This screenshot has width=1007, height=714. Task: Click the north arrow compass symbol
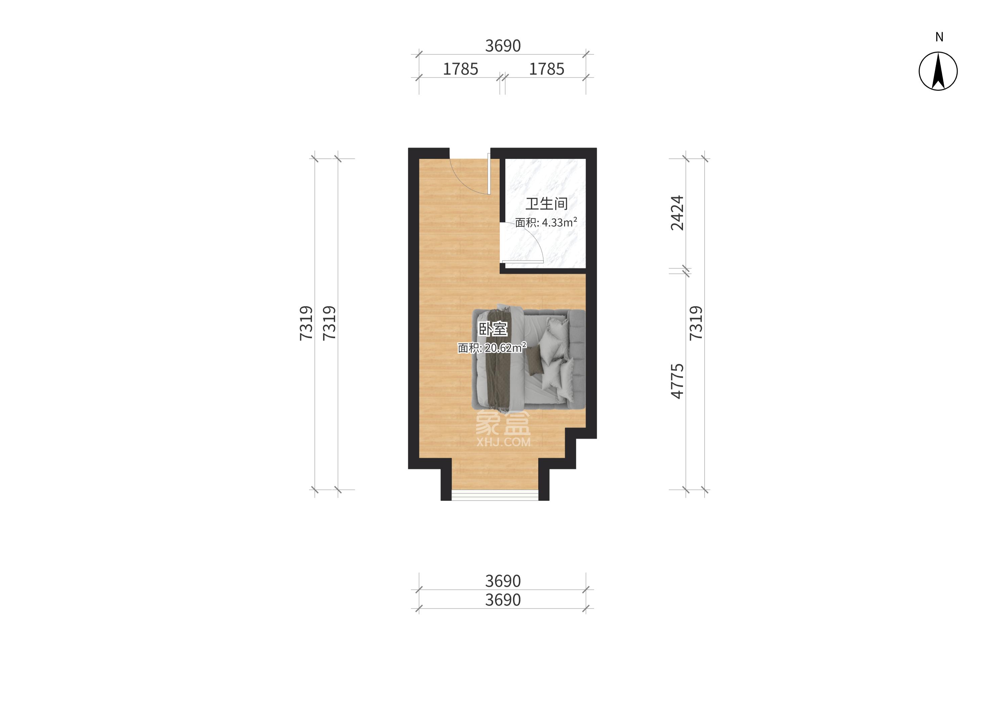[x=938, y=71]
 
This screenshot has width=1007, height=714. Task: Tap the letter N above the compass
[x=939, y=37]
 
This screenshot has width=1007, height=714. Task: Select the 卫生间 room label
[x=546, y=204]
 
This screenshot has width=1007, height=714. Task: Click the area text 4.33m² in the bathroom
[x=559, y=222]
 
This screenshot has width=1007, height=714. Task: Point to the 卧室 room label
[x=493, y=329]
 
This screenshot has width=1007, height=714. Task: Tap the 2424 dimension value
[x=677, y=213]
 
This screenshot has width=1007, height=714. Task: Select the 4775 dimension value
[x=677, y=381]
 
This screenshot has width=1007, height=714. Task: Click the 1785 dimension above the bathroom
[x=546, y=69]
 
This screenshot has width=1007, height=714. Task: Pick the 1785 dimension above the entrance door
[x=460, y=69]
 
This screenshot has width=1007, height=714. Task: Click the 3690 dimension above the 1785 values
[x=503, y=46]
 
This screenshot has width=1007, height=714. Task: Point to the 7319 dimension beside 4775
[x=696, y=323]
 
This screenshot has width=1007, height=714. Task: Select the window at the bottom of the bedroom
[x=495, y=495]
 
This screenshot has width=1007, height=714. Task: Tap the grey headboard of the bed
[x=576, y=359]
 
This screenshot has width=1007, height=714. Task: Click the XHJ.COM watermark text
[x=504, y=442]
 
